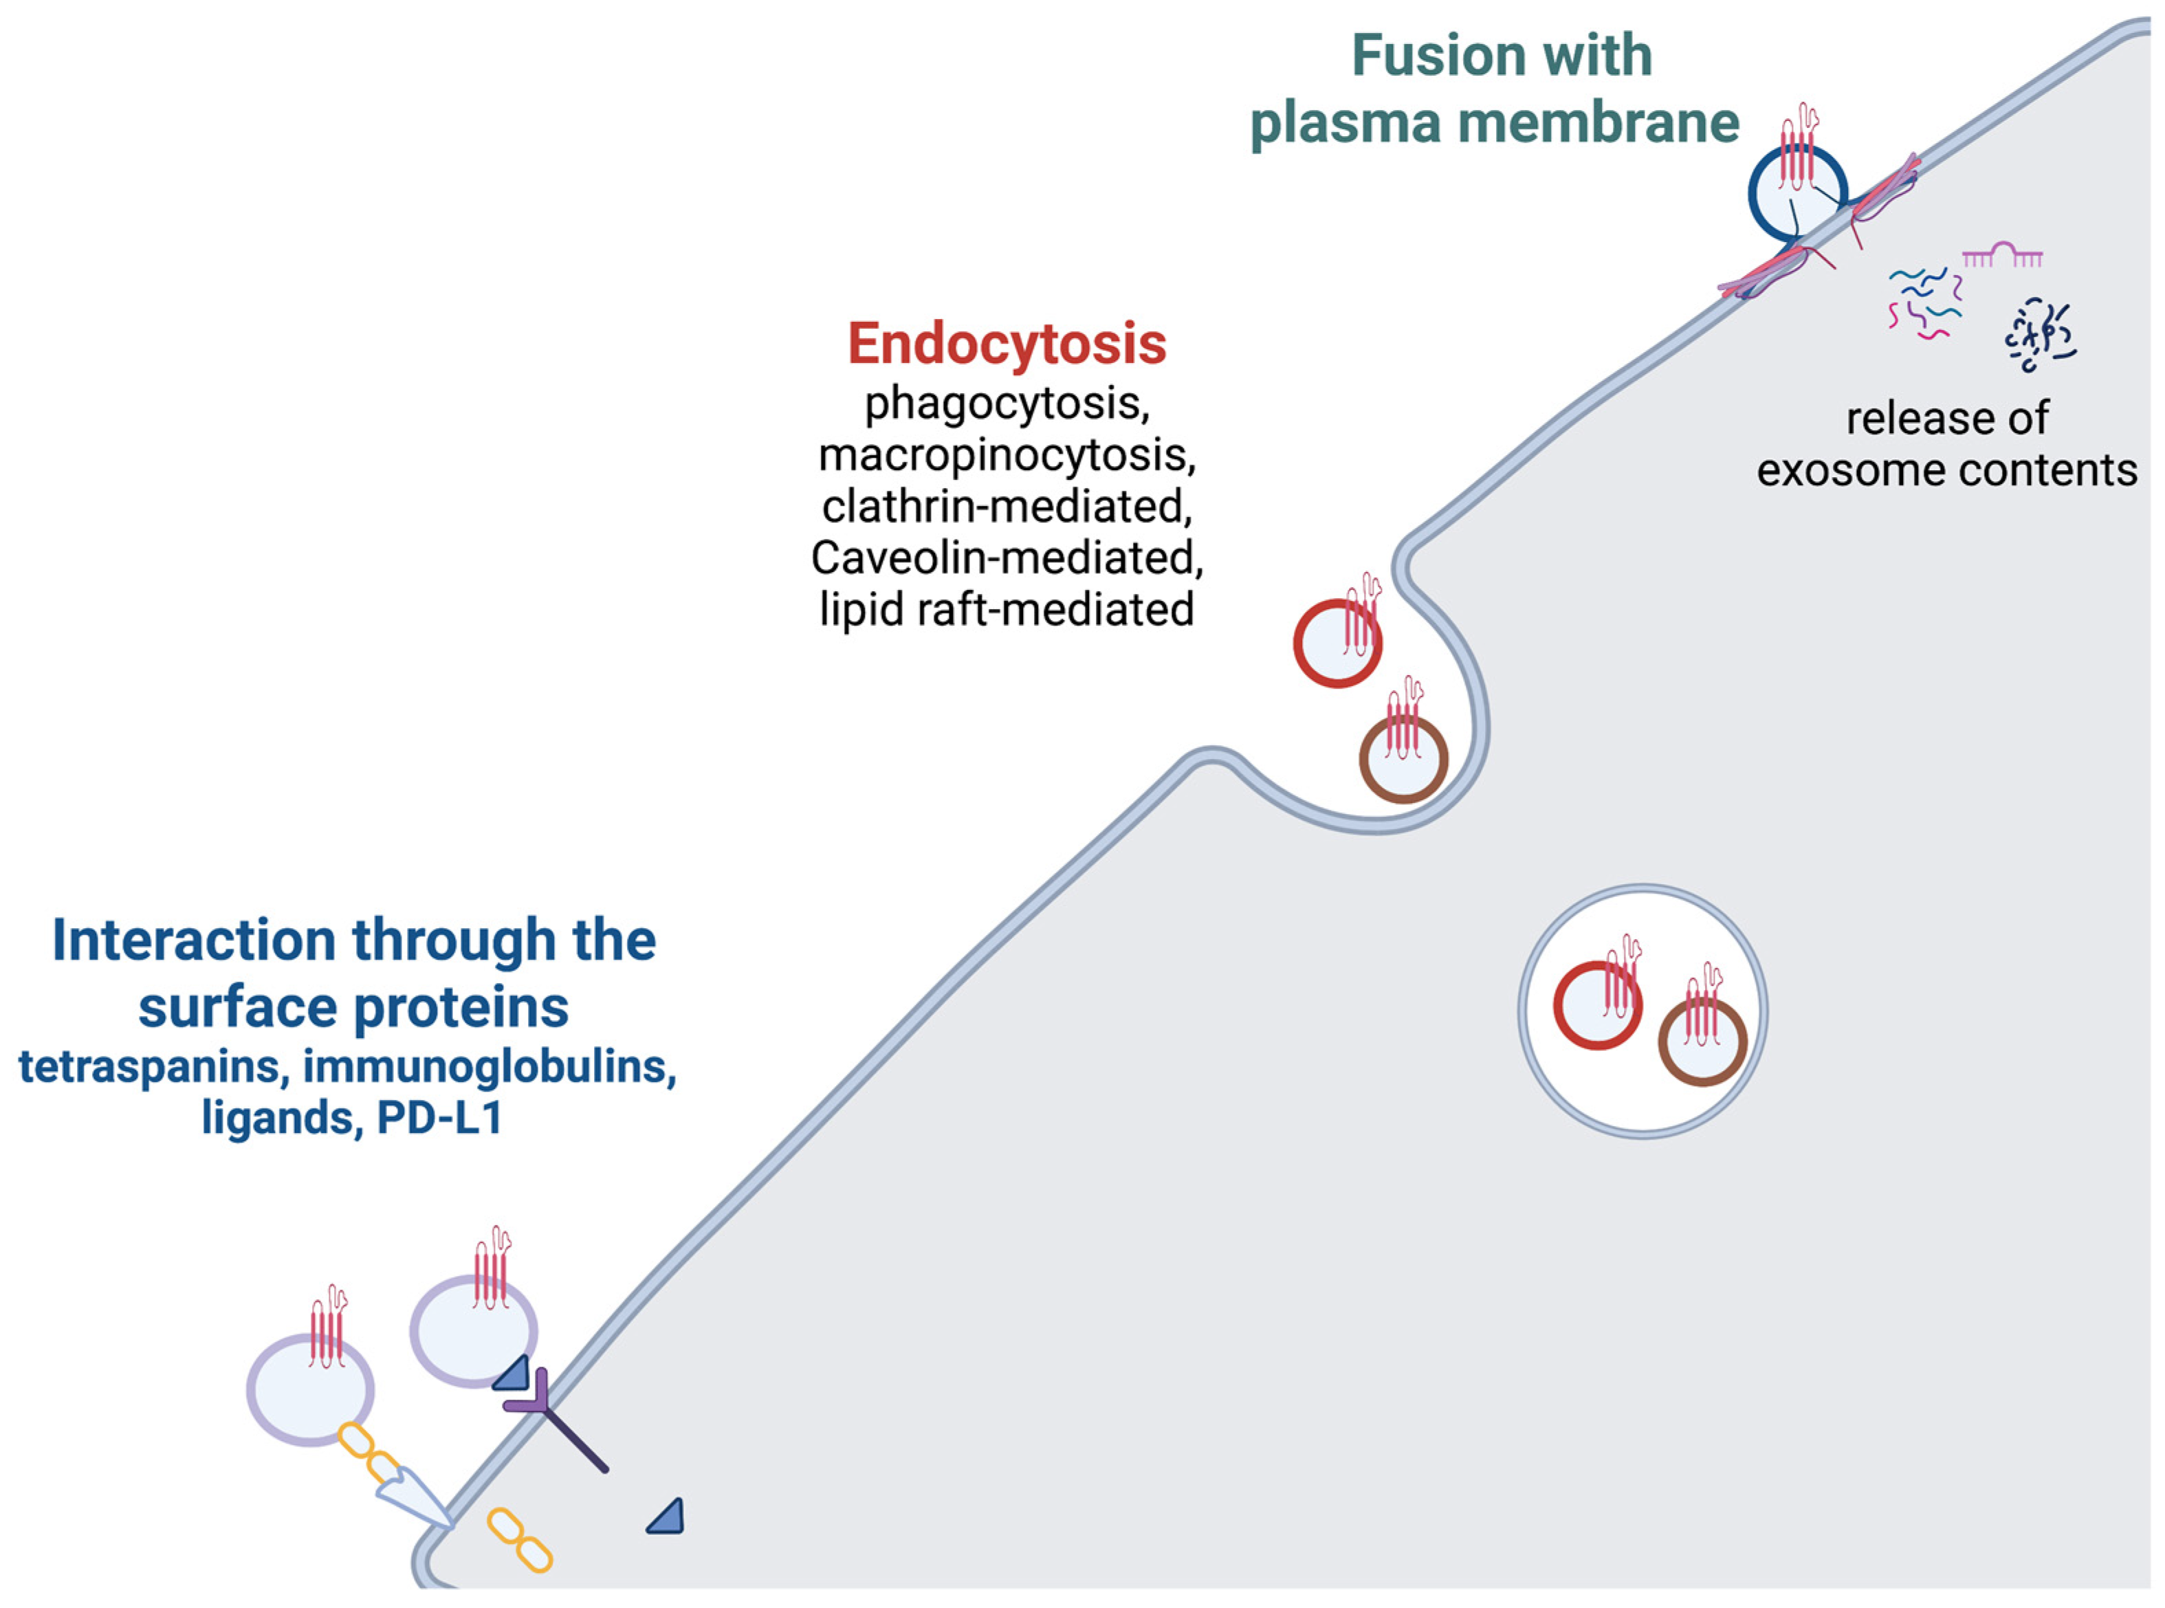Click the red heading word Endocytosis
tap(1007, 344)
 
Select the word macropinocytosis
tap(1007, 454)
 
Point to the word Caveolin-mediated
tap(1007, 558)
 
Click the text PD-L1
tap(439, 1117)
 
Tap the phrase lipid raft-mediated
tap(1007, 609)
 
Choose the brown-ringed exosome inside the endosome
tap(1702, 1044)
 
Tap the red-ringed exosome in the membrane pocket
tap(1337, 644)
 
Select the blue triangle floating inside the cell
tap(668, 1517)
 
